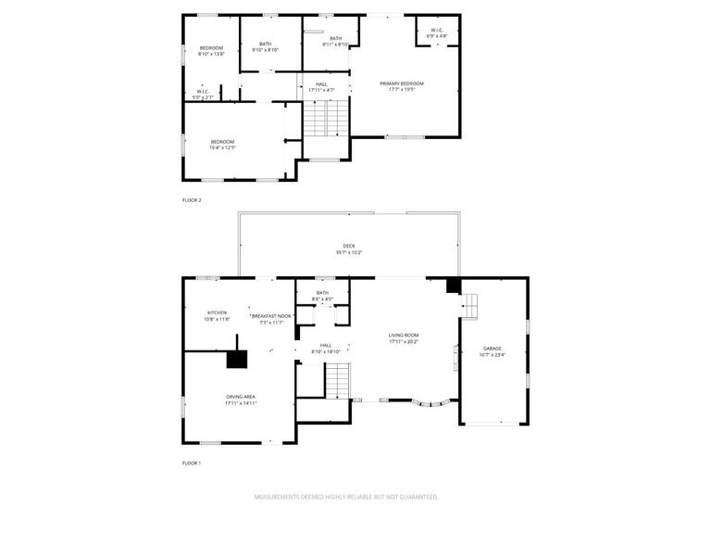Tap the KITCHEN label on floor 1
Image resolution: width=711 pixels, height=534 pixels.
[217, 312]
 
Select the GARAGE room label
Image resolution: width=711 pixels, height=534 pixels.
[491, 350]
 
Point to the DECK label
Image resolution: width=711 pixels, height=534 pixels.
[348, 246]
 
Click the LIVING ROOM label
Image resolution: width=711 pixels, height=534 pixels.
[404, 335]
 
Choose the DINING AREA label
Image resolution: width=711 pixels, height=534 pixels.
[241, 397]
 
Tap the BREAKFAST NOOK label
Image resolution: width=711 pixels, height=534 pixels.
[271, 316]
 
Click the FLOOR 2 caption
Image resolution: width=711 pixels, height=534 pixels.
[192, 200]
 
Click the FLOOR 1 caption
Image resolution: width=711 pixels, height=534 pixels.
[192, 463]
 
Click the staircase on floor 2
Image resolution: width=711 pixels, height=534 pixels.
[328, 118]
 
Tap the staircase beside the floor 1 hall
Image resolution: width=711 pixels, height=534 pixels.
[338, 378]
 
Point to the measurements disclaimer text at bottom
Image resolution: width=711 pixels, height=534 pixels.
[346, 497]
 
